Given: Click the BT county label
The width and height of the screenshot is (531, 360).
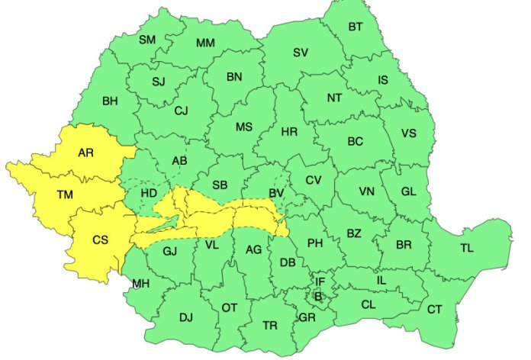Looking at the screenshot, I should click(356, 27).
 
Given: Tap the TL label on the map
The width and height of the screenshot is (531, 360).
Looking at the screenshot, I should click(466, 248).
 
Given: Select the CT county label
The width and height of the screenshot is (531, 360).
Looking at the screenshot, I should click(434, 309).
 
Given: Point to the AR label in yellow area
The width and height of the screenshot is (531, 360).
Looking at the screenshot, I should click(86, 153).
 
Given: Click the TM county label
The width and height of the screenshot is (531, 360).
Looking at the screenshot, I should click(65, 195).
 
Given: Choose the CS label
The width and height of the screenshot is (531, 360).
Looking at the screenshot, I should click(101, 239).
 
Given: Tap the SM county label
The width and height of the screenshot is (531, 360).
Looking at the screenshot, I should click(147, 40).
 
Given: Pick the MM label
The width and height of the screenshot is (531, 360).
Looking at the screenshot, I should click(205, 43).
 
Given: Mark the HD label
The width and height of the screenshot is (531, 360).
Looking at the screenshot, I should click(149, 193).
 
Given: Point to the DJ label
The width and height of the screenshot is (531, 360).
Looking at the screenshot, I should click(185, 317).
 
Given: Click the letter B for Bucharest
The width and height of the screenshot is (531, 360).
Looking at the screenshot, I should click(318, 296).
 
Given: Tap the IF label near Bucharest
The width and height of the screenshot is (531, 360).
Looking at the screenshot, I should click(320, 282).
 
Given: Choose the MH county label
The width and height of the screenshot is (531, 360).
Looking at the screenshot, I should click(140, 284).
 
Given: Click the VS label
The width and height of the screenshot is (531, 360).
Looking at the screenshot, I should click(408, 133).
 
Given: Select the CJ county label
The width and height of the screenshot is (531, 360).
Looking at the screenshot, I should click(181, 111).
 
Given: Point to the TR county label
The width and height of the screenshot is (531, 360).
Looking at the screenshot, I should click(270, 325).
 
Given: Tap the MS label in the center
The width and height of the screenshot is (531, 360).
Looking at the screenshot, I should click(243, 127).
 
